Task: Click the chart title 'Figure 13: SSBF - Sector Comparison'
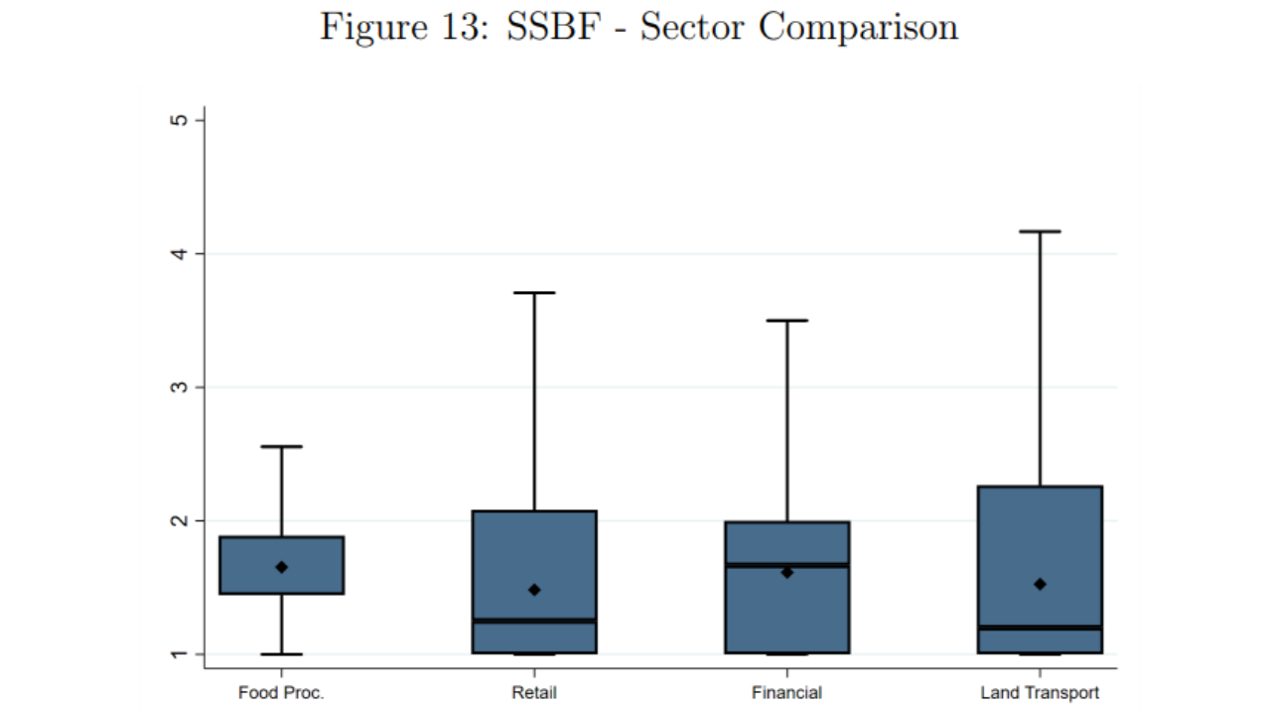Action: point(638,28)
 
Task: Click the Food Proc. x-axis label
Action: point(281,693)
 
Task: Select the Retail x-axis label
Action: point(534,693)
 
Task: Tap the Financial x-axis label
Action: point(786,693)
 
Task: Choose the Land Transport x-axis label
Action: point(1040,693)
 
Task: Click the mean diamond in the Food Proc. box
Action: point(282,567)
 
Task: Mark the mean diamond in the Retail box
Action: point(534,590)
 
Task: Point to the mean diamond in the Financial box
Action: point(787,572)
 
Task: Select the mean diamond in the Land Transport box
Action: point(1040,584)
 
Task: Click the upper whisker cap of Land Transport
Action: point(1040,231)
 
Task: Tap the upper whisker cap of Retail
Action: point(534,293)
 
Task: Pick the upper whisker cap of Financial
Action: point(787,321)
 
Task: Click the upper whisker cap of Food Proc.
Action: point(282,447)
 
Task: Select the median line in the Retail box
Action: point(534,621)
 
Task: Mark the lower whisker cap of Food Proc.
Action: point(282,654)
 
